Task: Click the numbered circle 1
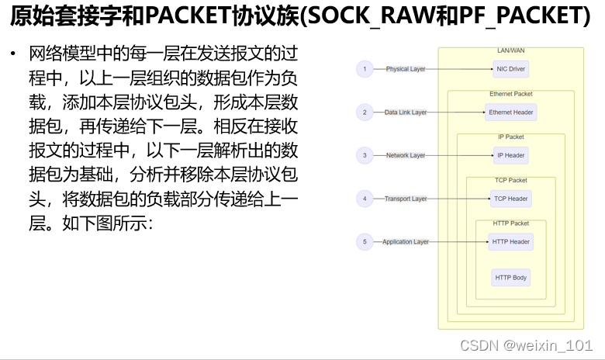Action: tap(365, 69)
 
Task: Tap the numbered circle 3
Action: tap(365, 155)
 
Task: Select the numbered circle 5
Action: tap(365, 242)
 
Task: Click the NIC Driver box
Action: tap(510, 69)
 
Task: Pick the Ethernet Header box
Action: tap(510, 112)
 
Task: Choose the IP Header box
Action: tap(510, 155)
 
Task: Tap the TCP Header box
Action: tap(510, 199)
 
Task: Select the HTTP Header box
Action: tap(510, 242)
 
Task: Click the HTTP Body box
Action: tap(510, 277)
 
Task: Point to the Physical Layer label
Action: tap(406, 69)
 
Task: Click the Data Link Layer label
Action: tap(406, 112)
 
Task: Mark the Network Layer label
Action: tap(406, 155)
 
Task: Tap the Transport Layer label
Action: tap(406, 199)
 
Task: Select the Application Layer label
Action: tap(406, 242)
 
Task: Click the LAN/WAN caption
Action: tap(510, 50)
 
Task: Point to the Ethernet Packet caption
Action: tap(510, 94)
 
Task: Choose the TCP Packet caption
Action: tap(510, 180)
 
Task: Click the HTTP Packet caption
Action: tap(510, 223)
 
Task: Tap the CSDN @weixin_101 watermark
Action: tap(527, 343)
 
